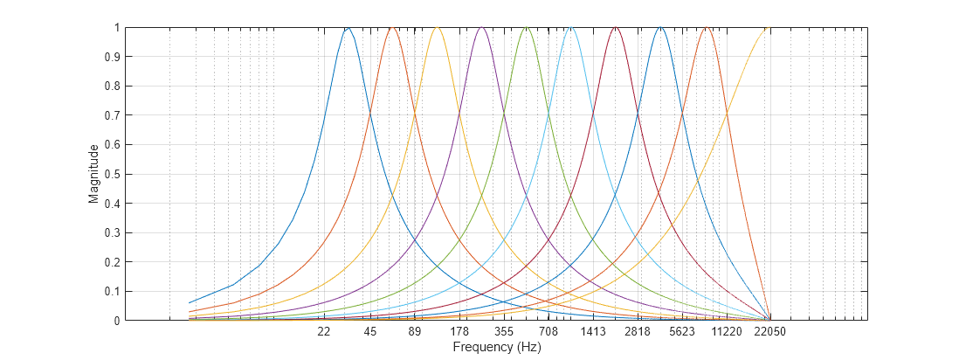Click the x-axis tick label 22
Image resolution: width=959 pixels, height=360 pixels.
pos(324,332)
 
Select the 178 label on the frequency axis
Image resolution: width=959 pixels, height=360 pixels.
pos(459,332)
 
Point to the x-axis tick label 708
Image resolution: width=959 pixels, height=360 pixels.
pos(548,332)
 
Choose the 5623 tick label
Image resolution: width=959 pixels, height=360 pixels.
pos(682,332)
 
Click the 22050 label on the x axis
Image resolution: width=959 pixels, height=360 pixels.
pos(770,332)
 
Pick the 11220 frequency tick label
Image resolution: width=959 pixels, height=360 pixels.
pos(727,332)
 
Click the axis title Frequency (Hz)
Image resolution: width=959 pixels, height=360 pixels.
pos(497,347)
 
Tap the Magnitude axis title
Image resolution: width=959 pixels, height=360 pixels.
pos(93,174)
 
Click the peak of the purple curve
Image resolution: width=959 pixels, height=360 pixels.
pos(482,28)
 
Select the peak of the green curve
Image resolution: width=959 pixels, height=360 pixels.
pos(527,28)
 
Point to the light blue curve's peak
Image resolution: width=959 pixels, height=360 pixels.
pos(570,28)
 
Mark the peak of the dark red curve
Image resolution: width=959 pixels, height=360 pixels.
pos(616,28)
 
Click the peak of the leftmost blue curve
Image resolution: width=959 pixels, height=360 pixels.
pos(348,28)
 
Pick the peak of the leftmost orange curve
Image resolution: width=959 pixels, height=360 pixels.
pos(393,28)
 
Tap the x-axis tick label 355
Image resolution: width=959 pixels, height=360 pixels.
pos(504,332)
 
